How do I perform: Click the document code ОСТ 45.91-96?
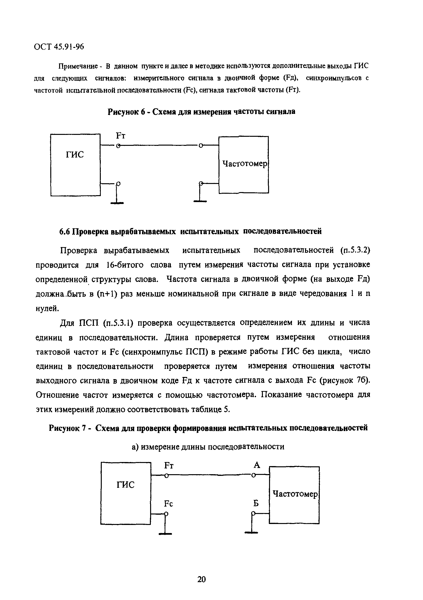tap(59, 47)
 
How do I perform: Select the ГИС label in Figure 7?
tap(125, 485)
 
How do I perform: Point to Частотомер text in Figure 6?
tap(245, 164)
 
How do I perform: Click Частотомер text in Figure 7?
tap(295, 494)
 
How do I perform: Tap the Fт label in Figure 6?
tap(120, 136)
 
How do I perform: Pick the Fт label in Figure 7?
tap(169, 465)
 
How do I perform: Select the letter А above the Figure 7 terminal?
tap(257, 465)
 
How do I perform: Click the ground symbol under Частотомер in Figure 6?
tap(200, 201)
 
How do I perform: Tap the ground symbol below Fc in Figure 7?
tap(166, 533)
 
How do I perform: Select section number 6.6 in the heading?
tap(65, 232)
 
